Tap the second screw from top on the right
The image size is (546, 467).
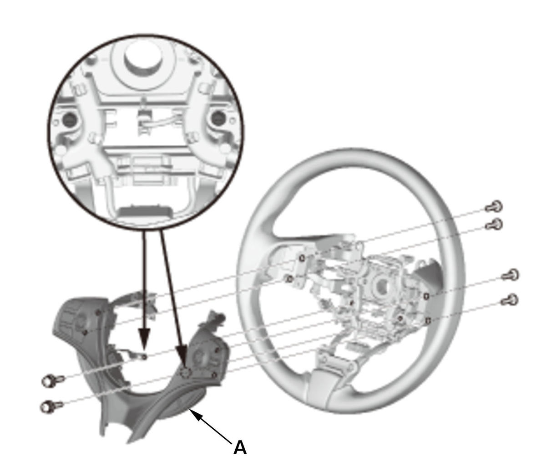coord(494,224)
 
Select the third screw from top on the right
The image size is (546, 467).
coord(510,275)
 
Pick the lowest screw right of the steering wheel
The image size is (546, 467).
coord(510,300)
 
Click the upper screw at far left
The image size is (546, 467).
coord(53,380)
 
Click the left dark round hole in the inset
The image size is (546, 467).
coord(69,119)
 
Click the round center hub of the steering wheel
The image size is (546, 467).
coord(380,286)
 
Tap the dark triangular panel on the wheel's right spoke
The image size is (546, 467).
coord(427,275)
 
